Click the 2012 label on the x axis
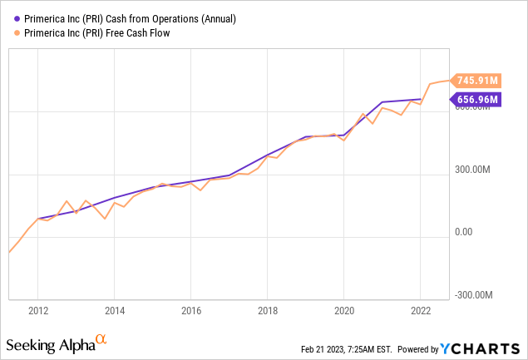(38, 311)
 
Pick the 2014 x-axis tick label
(115, 311)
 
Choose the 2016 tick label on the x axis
(191, 311)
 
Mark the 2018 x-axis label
(267, 311)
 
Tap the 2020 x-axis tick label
(343, 311)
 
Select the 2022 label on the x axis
(420, 311)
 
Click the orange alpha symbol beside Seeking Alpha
(101, 339)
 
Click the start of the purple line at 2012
(38, 219)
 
